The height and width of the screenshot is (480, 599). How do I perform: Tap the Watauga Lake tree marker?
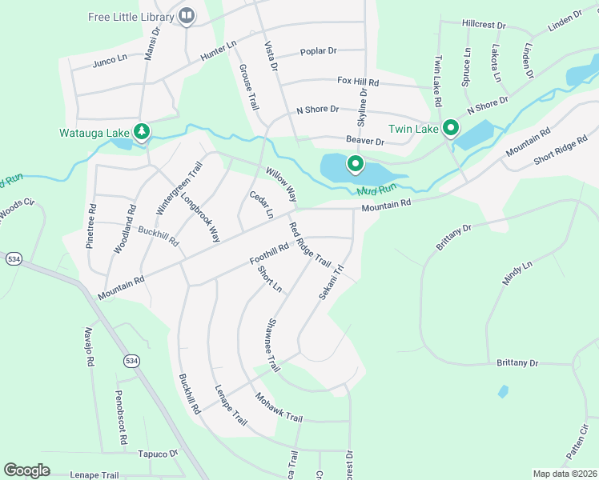pos(142,130)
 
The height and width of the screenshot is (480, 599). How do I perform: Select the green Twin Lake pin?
pos(451,127)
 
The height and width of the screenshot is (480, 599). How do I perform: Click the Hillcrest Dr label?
pos(485,26)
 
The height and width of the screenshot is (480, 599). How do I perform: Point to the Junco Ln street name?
pos(111,60)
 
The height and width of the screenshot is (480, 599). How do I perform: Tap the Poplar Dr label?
pos(318,51)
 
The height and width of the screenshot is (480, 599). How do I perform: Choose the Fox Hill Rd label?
pos(357,82)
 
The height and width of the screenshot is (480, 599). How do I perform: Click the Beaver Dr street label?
pos(365,142)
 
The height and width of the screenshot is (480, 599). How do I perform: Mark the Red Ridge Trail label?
pos(309,244)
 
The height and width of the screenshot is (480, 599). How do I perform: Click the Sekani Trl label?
pos(331,282)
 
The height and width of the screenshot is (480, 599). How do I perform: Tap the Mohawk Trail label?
pos(279,407)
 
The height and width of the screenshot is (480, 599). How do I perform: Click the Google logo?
pos(26,470)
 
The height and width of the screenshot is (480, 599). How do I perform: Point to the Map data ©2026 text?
pos(565,474)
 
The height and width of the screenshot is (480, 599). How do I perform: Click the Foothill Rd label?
pos(268,255)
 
